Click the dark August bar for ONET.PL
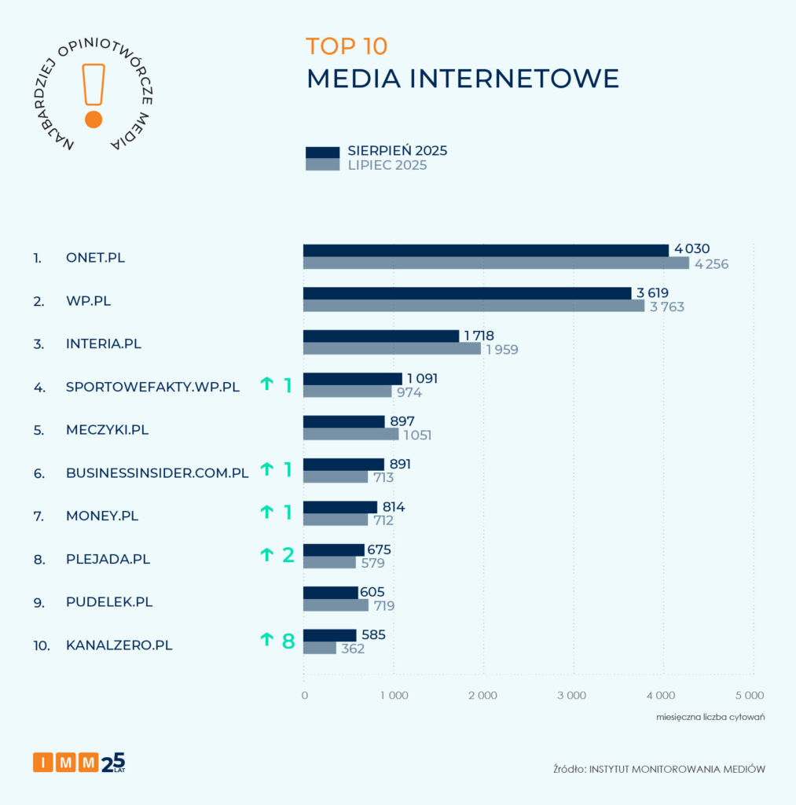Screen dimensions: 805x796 tap(486, 250)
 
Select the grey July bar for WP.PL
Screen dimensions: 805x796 tap(474, 306)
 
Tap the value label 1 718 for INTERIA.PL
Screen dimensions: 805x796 tap(479, 336)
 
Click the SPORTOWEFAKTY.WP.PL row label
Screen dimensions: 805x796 tap(152, 387)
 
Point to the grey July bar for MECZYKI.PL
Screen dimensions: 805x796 tap(351, 434)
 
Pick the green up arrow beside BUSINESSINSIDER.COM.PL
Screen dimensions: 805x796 tap(266, 469)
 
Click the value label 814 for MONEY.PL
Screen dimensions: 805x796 tap(394, 507)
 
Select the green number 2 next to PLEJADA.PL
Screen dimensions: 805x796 tap(288, 554)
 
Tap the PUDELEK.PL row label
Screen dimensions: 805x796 tap(109, 602)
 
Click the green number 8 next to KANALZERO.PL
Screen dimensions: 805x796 tap(288, 641)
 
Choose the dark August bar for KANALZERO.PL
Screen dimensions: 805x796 tap(330, 635)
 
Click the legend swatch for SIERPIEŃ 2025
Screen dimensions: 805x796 tap(322, 152)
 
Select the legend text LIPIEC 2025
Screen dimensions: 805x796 tap(387, 166)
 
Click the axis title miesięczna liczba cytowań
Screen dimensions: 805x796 tap(711, 718)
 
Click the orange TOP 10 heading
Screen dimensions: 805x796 tap(347, 46)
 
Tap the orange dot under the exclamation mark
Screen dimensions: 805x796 tap(94, 119)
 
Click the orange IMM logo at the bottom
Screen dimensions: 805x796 tap(66, 762)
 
